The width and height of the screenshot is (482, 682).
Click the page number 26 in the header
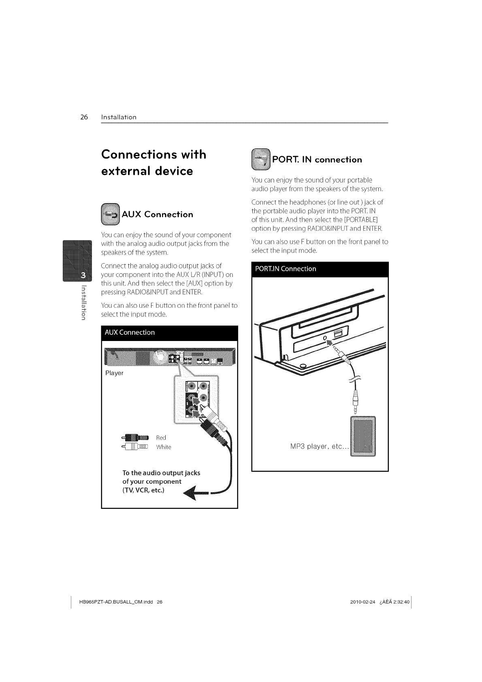click(x=84, y=118)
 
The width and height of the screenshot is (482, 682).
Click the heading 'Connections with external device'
click(x=154, y=163)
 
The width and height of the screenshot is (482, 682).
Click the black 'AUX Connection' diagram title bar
click(x=169, y=333)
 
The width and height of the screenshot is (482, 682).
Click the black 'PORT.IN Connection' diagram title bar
click(x=320, y=269)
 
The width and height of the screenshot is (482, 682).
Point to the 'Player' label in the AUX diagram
click(x=114, y=373)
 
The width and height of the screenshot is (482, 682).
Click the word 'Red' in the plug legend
click(x=161, y=438)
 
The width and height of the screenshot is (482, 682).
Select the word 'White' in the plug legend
click(x=164, y=447)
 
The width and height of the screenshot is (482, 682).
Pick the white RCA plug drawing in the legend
click(x=135, y=447)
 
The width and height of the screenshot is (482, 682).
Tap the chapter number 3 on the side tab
click(x=83, y=276)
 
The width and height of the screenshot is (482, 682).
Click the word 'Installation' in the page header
click(x=119, y=118)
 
